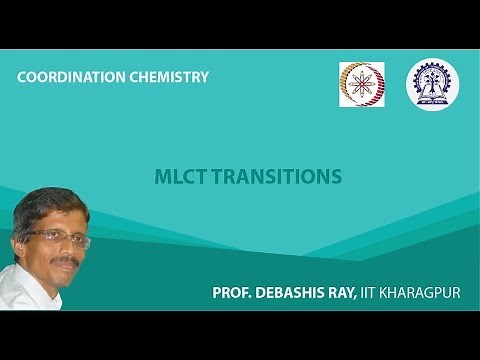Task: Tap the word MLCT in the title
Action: click(178, 177)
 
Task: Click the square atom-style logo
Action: click(361, 84)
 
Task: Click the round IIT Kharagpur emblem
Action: click(432, 84)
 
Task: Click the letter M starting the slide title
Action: click(162, 177)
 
